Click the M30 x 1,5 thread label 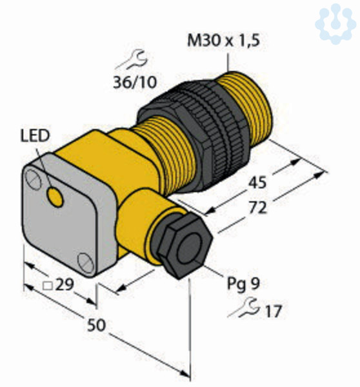click(x=223, y=41)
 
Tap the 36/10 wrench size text click(x=135, y=82)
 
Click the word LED click(x=35, y=135)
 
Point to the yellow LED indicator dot click(x=55, y=197)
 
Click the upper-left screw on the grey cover click(x=34, y=179)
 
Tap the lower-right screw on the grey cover click(x=86, y=263)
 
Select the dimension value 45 click(x=257, y=183)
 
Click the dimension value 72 click(x=258, y=208)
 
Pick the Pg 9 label click(x=243, y=284)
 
